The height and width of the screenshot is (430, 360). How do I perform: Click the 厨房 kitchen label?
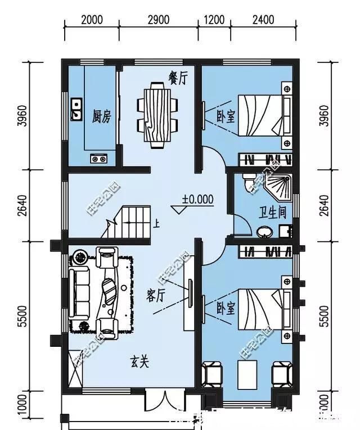click(102, 116)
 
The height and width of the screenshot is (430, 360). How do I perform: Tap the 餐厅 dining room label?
click(178, 78)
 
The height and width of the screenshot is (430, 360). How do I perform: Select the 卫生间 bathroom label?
click(272, 212)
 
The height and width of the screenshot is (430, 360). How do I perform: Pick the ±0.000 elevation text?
click(197, 199)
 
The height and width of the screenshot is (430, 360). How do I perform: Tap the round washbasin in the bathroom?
click(263, 231)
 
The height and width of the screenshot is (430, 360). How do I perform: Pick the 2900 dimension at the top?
click(159, 20)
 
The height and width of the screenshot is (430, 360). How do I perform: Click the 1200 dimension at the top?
click(214, 20)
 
